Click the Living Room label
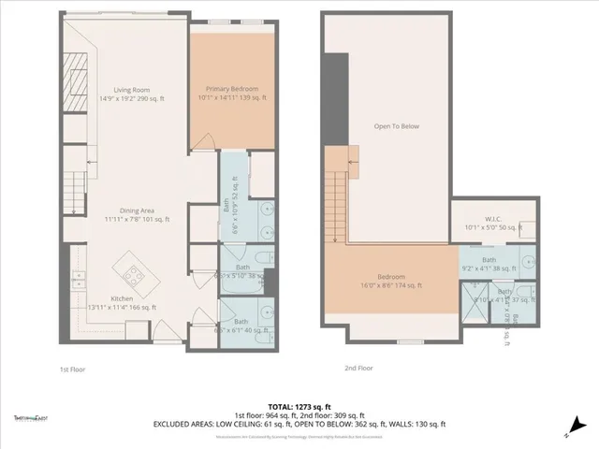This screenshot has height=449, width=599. (133, 90)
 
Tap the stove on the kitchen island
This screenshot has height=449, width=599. (131, 274)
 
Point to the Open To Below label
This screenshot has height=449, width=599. (394, 127)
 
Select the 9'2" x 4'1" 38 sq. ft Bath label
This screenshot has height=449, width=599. (489, 265)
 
